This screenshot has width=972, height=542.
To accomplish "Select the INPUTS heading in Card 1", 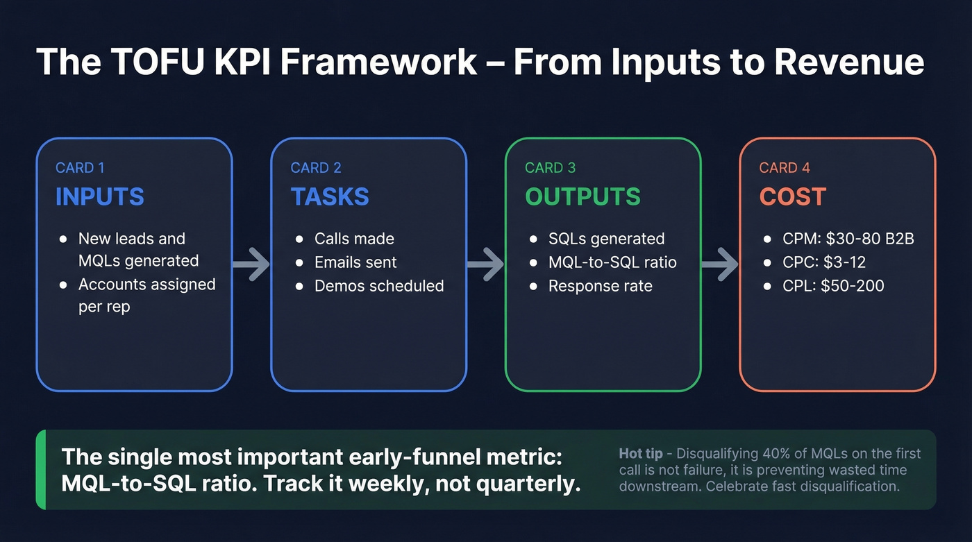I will (99, 196).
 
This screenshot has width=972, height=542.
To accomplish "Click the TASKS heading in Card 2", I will (330, 196).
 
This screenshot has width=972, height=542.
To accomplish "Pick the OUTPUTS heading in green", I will (583, 196).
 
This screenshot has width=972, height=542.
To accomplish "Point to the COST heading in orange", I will (792, 196).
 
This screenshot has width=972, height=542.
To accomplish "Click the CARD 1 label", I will (80, 168).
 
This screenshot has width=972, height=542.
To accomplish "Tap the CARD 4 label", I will (784, 168).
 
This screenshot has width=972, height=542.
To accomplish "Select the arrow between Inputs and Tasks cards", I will (251, 264).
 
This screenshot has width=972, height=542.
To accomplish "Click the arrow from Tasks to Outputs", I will (485, 264).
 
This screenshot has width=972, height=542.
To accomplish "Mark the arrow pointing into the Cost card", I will (719, 264).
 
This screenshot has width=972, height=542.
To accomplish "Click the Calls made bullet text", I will (354, 239).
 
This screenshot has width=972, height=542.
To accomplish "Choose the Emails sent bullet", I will (355, 262).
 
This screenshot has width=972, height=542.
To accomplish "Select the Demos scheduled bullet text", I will (379, 286).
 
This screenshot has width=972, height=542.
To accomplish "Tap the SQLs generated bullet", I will (606, 239).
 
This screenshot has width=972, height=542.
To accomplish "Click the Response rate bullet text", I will (600, 286).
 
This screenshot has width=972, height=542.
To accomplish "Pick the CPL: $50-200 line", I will (834, 286).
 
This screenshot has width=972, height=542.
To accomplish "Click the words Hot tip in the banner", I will (639, 454).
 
